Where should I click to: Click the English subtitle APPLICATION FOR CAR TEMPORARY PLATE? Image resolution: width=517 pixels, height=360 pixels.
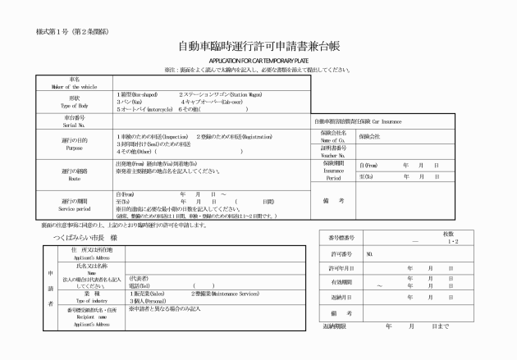(x=258, y=61)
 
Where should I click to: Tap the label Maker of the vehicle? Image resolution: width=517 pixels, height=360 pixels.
(x=75, y=86)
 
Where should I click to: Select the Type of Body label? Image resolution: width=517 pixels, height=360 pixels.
(x=75, y=107)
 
